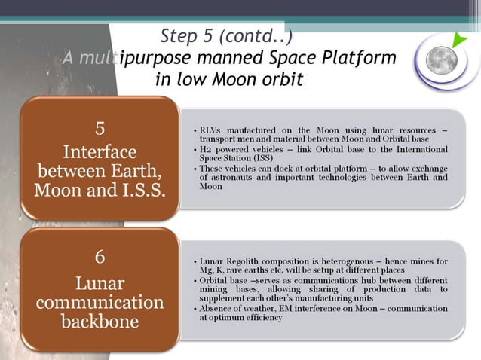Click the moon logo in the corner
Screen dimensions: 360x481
(x=443, y=60)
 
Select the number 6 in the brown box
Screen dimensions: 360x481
(x=100, y=257)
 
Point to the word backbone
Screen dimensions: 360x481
(x=100, y=322)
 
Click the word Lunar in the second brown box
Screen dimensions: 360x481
(x=100, y=284)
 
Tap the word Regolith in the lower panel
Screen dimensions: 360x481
(x=246, y=261)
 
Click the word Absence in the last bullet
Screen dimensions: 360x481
(x=217, y=308)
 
